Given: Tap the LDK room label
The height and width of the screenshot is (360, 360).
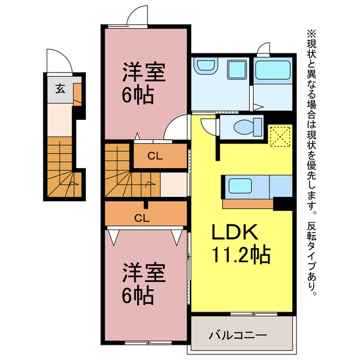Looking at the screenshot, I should pos(235,232).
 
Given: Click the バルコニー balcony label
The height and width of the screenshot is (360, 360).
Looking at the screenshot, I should pos(238,335).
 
